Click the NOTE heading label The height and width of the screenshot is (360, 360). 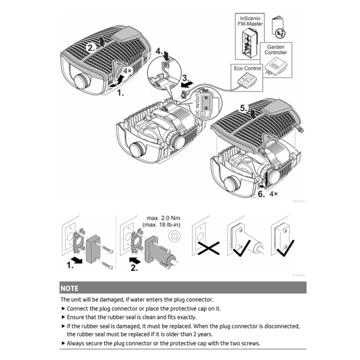pos(69,289)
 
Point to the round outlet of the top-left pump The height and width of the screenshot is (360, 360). pos(82,82)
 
